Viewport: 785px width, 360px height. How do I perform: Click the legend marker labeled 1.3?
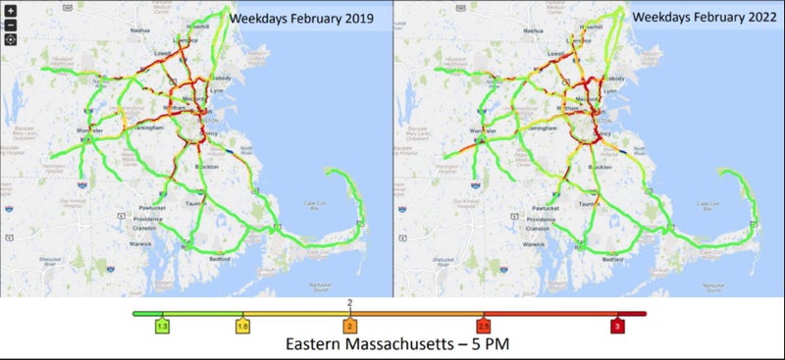163,325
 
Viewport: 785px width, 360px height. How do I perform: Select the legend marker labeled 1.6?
241,325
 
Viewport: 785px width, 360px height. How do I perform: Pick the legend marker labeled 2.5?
484,325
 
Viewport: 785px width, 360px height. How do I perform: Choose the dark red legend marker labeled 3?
616,325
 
